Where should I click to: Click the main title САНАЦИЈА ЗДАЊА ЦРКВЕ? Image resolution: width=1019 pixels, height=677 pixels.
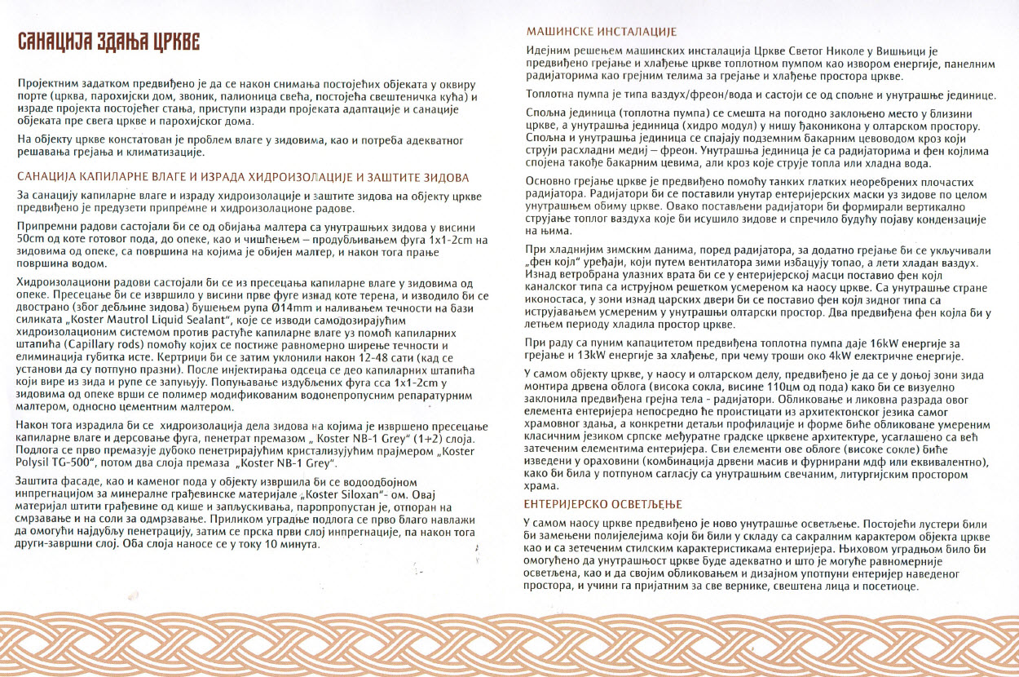click(x=108, y=43)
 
